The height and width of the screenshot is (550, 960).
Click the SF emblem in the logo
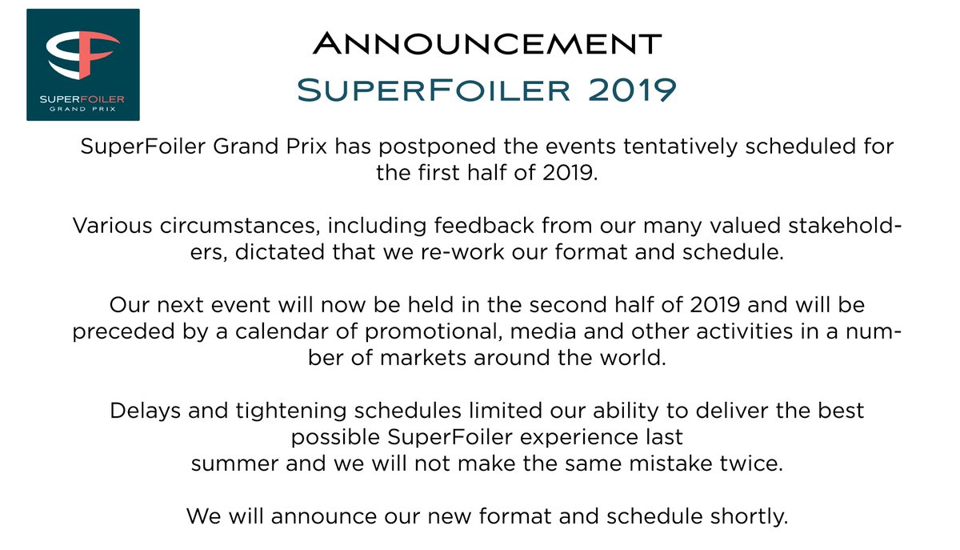[x=82, y=59]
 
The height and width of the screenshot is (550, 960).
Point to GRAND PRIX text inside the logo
[x=82, y=108]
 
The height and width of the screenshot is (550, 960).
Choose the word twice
[x=752, y=464]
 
